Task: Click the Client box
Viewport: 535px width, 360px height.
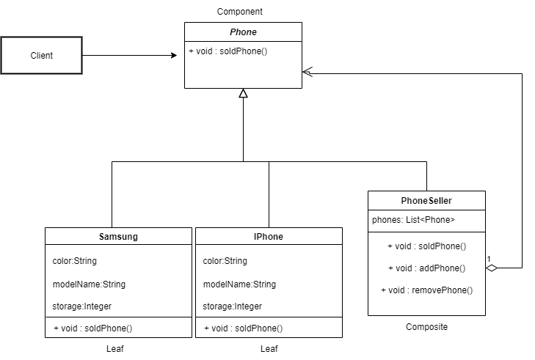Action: (x=41, y=55)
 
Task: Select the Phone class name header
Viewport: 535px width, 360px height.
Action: (x=243, y=32)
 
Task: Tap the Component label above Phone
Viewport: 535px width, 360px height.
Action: (x=240, y=12)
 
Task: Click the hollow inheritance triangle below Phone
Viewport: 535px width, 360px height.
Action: (x=243, y=93)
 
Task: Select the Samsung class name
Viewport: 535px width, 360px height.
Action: (x=118, y=237)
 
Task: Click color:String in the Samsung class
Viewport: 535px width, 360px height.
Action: (x=75, y=260)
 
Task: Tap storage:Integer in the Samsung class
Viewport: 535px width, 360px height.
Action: (x=82, y=306)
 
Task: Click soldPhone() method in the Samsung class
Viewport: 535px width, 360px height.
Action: (x=92, y=328)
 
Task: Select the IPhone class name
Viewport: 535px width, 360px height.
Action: (x=269, y=237)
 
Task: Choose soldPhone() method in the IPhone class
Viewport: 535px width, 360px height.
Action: (x=243, y=328)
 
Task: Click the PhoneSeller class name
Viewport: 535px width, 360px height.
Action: (x=426, y=201)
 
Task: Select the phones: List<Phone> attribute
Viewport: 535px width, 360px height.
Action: (x=414, y=219)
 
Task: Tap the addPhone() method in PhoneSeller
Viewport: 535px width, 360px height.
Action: (x=426, y=268)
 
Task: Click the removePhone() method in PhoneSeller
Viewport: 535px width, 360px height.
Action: (x=426, y=290)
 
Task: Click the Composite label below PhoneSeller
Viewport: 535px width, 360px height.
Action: (x=426, y=327)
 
